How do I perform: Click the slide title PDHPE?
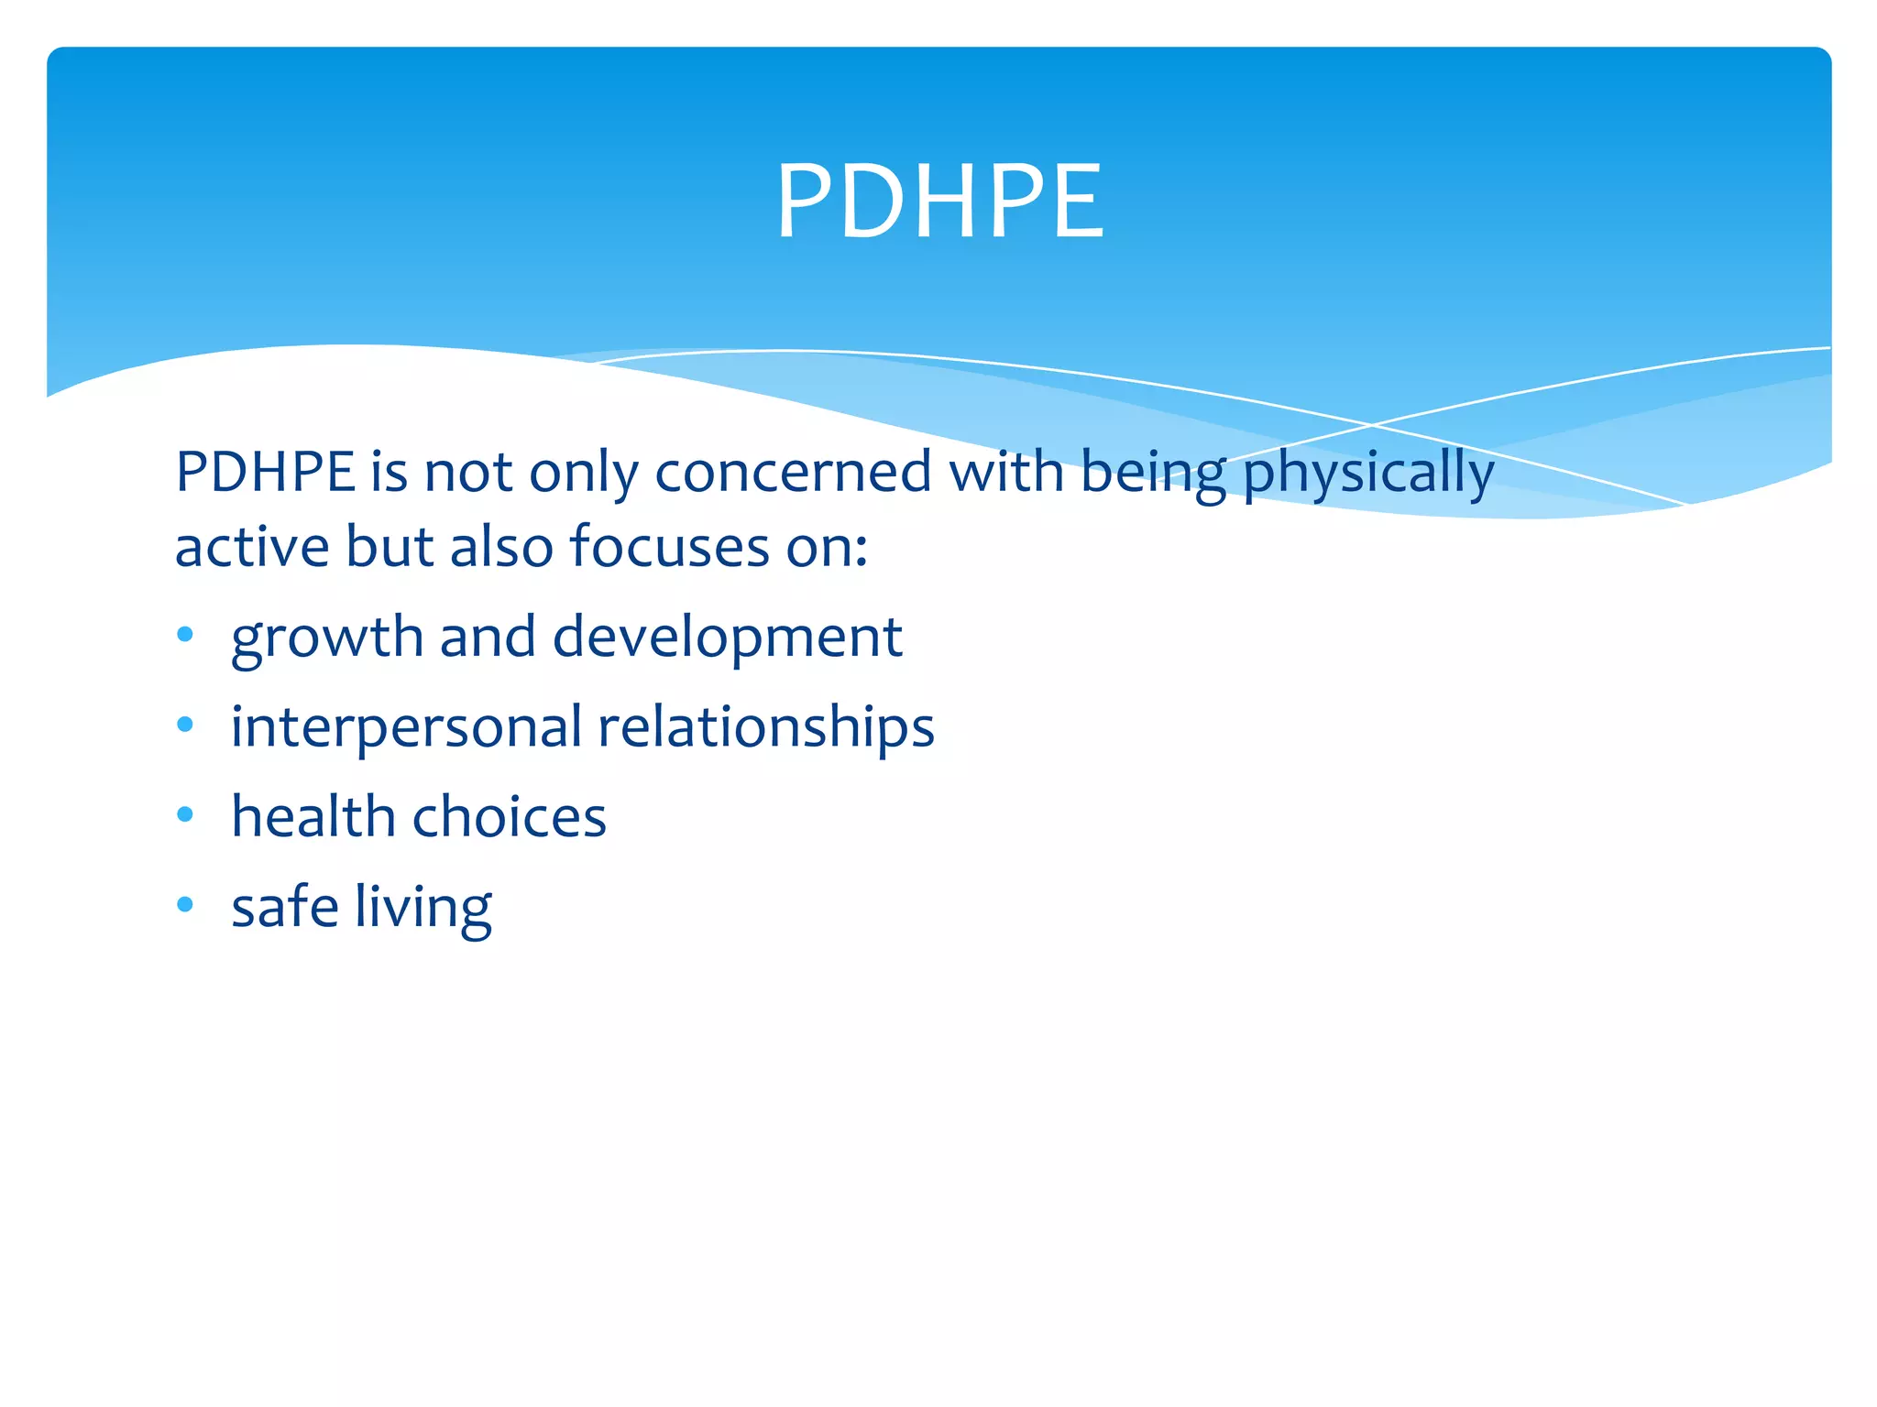click(940, 202)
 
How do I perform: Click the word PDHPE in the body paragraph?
click(265, 473)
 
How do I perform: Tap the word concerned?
click(793, 473)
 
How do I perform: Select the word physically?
click(1368, 474)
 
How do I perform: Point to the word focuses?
click(670, 547)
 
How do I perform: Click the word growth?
click(327, 638)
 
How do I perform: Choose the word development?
click(728, 638)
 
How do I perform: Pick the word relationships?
click(765, 728)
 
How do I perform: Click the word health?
click(313, 816)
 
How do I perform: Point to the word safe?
click(284, 907)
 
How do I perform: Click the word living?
click(423, 909)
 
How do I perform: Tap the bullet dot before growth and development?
click(185, 634)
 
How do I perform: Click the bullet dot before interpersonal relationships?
click(185, 725)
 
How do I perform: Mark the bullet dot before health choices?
click(185, 813)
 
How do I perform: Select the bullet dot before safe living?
click(185, 904)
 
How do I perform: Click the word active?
click(252, 547)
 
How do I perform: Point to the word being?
click(1152, 474)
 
